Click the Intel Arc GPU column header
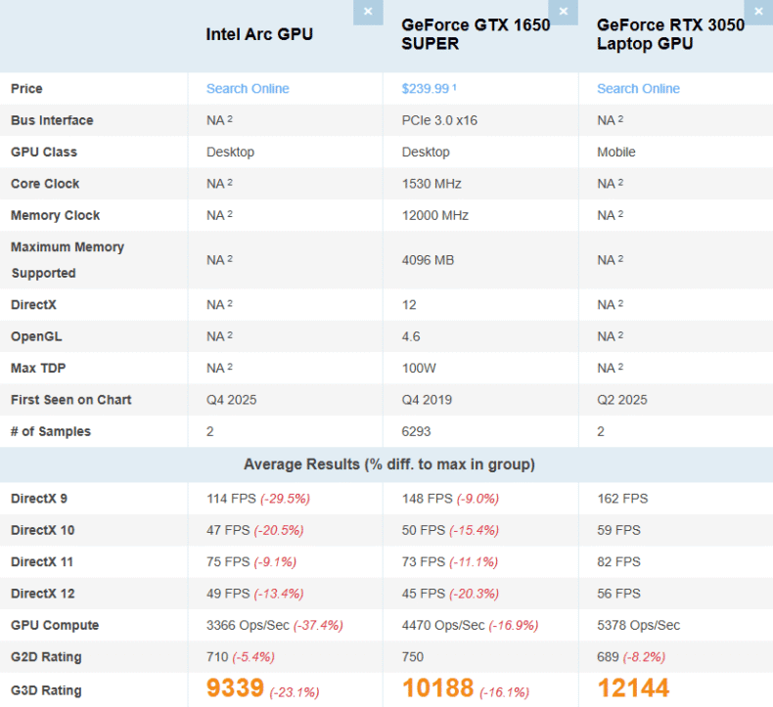pyautogui.click(x=259, y=34)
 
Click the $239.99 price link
pyautogui.click(x=426, y=89)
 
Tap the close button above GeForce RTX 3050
pyautogui.click(x=758, y=12)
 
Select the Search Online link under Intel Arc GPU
pyautogui.click(x=248, y=89)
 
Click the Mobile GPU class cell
pyautogui.click(x=616, y=153)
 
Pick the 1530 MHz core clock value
pyautogui.click(x=432, y=184)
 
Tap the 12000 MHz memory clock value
pyautogui.click(x=435, y=215)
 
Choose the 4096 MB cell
pyautogui.click(x=428, y=260)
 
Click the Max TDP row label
pyautogui.click(x=38, y=368)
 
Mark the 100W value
pyautogui.click(x=418, y=368)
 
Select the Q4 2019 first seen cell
pyautogui.click(x=427, y=400)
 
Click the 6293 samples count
pyautogui.click(x=417, y=431)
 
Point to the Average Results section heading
pyautogui.click(x=389, y=464)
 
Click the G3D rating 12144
pyautogui.click(x=633, y=688)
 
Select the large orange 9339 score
pyautogui.click(x=235, y=688)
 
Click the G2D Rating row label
pyautogui.click(x=46, y=657)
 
